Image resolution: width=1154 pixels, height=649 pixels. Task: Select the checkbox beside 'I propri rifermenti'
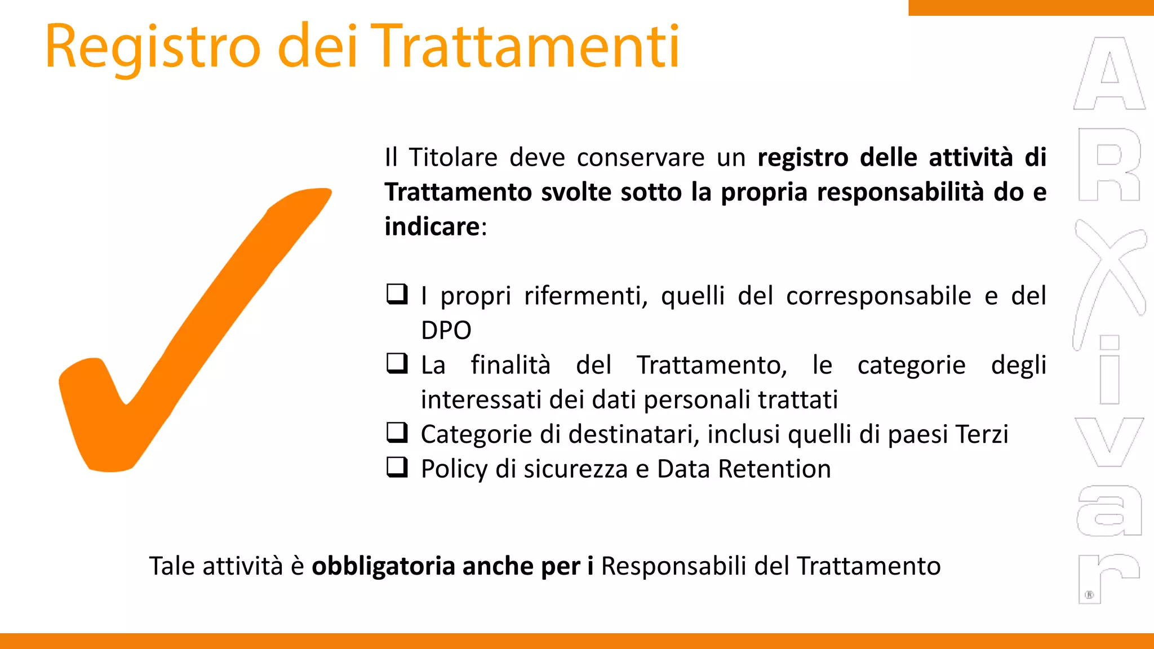pos(397,294)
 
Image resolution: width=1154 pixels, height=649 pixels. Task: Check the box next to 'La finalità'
pos(397,363)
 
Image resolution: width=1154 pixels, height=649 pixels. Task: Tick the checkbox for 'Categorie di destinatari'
pos(397,433)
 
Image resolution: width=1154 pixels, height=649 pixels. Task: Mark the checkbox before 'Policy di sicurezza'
pos(397,467)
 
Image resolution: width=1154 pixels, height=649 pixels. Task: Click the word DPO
pos(446,331)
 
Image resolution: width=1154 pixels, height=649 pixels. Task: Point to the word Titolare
pos(453,157)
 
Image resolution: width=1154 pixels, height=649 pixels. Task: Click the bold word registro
pos(802,157)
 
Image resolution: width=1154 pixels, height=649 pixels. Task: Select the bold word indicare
pos(432,226)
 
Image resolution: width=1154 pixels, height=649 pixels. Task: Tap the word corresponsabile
pos(878,296)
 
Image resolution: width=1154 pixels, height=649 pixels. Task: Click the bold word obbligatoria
pos(383,566)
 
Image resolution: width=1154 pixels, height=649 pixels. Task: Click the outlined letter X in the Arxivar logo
pos(1109,270)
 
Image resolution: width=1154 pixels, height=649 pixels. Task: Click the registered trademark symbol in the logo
pos(1089,595)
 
